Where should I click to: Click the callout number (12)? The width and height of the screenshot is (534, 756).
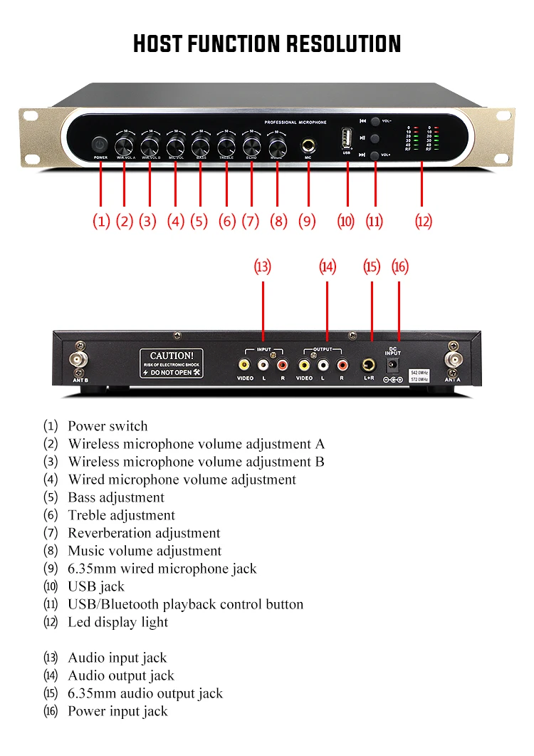coord(423,221)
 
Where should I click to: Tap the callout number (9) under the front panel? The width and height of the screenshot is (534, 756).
coord(307,221)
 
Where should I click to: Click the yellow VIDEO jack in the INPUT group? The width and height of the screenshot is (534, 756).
coord(245,364)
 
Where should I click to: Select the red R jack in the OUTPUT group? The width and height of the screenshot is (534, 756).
coord(342,364)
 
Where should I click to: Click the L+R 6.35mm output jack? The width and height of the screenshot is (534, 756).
coord(370,364)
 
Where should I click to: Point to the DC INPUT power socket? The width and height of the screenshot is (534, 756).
coord(392,365)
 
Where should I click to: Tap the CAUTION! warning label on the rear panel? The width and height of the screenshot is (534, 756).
coord(171,363)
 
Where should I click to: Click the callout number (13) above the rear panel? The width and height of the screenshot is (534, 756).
coord(263,266)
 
